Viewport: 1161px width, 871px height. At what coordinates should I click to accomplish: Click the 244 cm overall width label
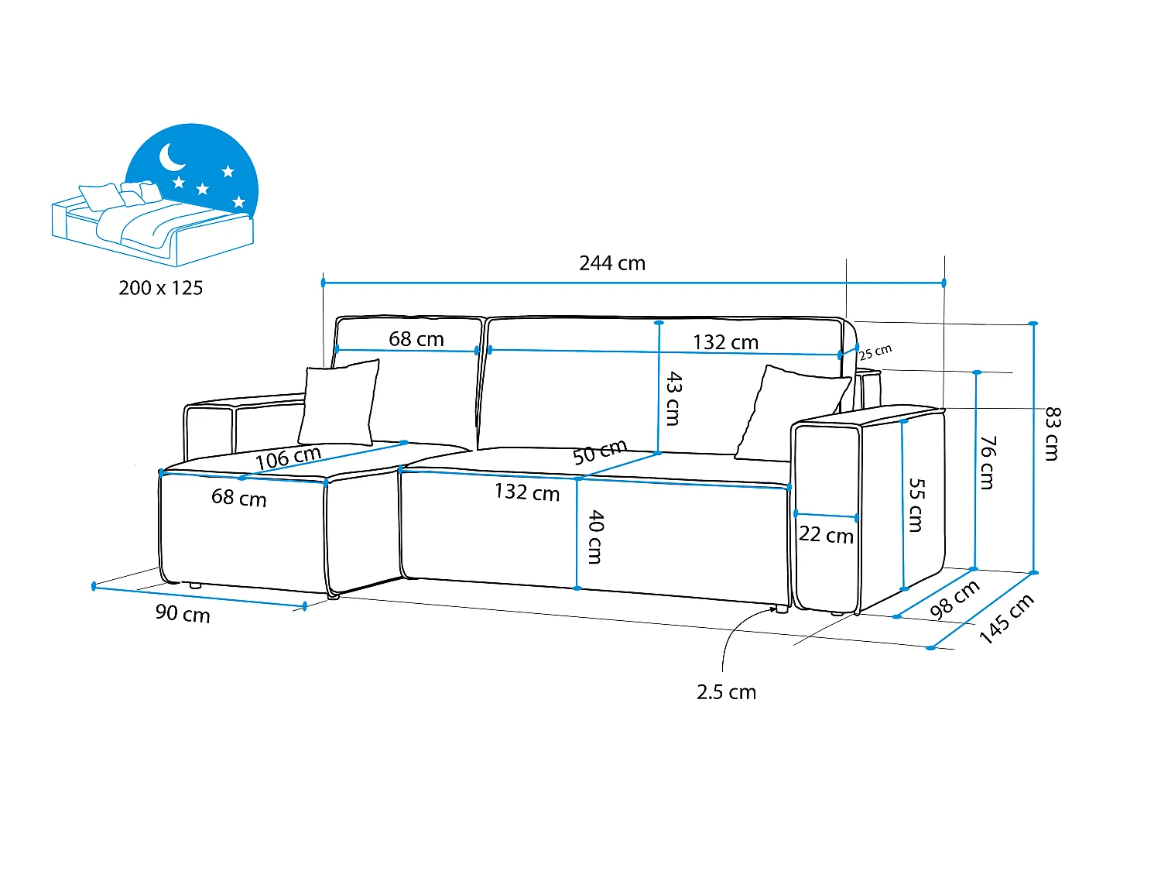click(612, 263)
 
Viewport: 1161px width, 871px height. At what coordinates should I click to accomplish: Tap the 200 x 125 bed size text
click(161, 288)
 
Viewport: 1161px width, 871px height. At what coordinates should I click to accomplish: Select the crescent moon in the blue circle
click(170, 157)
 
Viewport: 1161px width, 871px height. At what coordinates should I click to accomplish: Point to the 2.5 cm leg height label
click(726, 692)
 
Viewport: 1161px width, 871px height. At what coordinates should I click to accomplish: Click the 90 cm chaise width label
click(183, 613)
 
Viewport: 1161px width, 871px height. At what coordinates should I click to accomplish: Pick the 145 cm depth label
click(1006, 619)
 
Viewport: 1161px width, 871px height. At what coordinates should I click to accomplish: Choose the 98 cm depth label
click(954, 599)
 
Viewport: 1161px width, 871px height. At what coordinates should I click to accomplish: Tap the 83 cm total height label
click(1052, 434)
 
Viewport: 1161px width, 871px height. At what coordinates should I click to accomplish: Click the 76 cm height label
click(988, 463)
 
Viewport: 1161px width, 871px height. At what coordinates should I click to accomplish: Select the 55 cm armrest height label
click(916, 505)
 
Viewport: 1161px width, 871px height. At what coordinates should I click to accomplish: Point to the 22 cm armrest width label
click(826, 535)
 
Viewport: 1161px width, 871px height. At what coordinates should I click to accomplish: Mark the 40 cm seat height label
click(595, 537)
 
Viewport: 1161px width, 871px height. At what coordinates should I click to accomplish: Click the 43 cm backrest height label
click(673, 398)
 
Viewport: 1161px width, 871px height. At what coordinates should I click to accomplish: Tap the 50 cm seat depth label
click(600, 452)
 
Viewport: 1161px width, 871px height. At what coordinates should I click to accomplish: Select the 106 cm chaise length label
click(288, 458)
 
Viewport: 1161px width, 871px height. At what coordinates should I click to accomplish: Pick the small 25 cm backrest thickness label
click(875, 352)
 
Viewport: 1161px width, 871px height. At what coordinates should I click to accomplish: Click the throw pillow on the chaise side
click(338, 403)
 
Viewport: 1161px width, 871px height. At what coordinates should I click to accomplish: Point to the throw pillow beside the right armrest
click(792, 413)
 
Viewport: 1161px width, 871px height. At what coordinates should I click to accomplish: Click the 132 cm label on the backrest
click(726, 342)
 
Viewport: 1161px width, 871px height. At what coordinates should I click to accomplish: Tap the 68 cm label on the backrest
click(416, 339)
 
